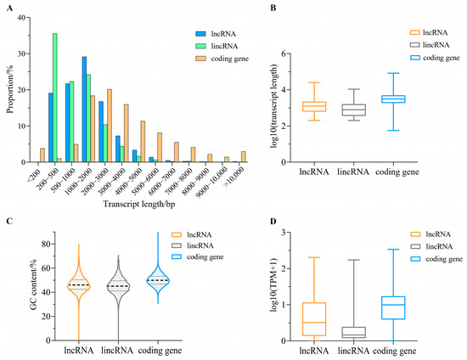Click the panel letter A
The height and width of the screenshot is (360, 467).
point(6,6)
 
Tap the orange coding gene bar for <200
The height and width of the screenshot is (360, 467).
point(42,155)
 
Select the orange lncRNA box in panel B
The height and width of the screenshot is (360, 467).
point(314,106)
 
